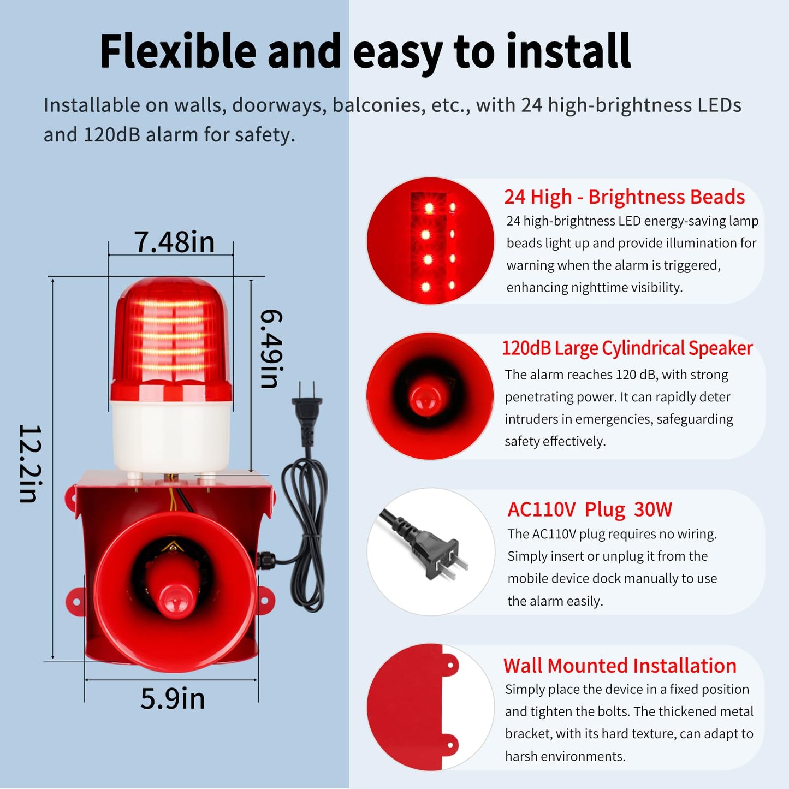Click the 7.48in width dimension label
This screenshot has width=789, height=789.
click(175, 242)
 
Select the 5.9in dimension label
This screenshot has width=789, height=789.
click(173, 698)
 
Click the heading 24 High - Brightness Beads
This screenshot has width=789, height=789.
click(624, 197)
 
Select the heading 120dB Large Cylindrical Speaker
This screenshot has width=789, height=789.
click(627, 348)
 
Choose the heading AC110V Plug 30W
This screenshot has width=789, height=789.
click(590, 509)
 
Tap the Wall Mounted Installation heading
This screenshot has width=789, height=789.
click(620, 666)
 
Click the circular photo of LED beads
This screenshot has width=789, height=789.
click(430, 241)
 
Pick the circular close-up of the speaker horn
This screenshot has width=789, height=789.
click(430, 396)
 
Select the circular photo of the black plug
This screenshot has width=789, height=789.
click(431, 552)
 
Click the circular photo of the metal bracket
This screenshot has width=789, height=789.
click(431, 708)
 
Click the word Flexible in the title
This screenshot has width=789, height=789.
click(178, 52)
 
